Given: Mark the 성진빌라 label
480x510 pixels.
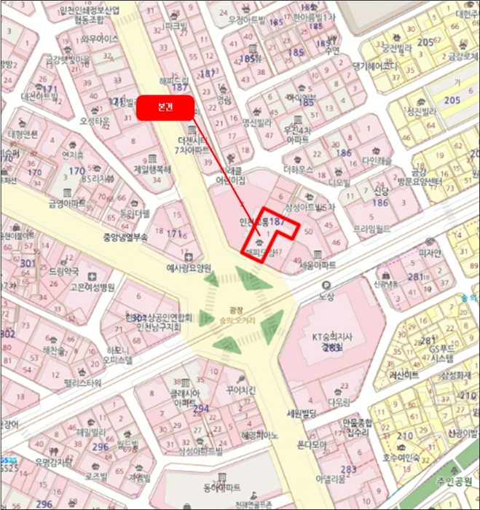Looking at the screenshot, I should [420, 111].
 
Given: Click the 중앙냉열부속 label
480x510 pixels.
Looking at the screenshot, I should [126, 237].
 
